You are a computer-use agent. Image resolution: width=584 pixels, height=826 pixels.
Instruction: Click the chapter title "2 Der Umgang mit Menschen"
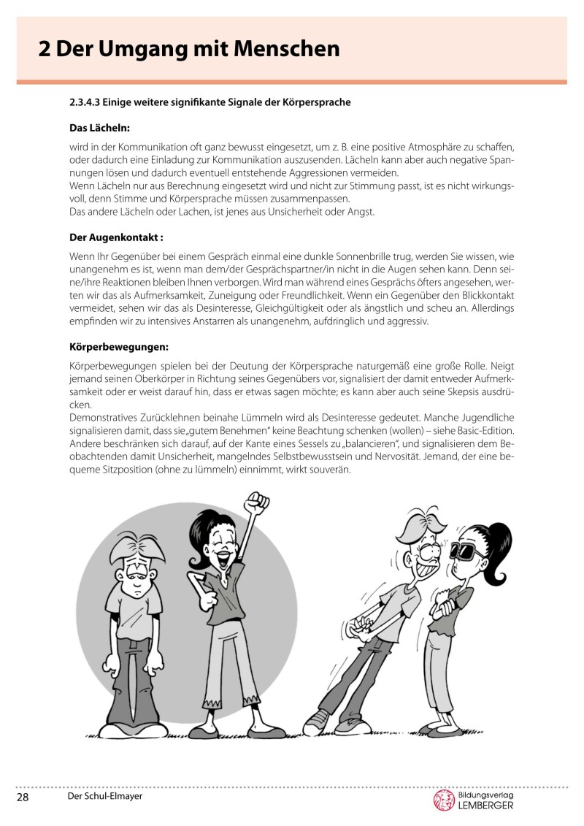[189, 49]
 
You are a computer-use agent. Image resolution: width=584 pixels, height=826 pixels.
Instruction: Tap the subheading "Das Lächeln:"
[100, 128]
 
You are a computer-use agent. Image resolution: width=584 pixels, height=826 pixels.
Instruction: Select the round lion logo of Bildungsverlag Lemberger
[444, 800]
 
